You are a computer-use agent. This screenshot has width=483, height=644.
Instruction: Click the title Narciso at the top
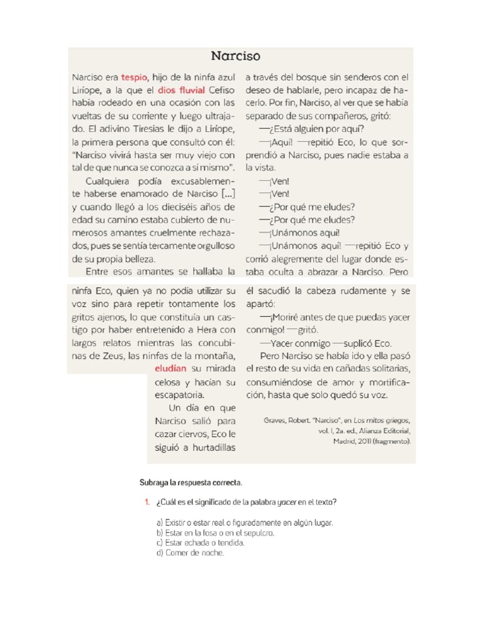pos(235,57)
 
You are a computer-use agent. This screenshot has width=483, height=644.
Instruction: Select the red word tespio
pos(134,77)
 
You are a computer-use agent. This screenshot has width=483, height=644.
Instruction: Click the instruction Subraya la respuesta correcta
pos(190,482)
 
